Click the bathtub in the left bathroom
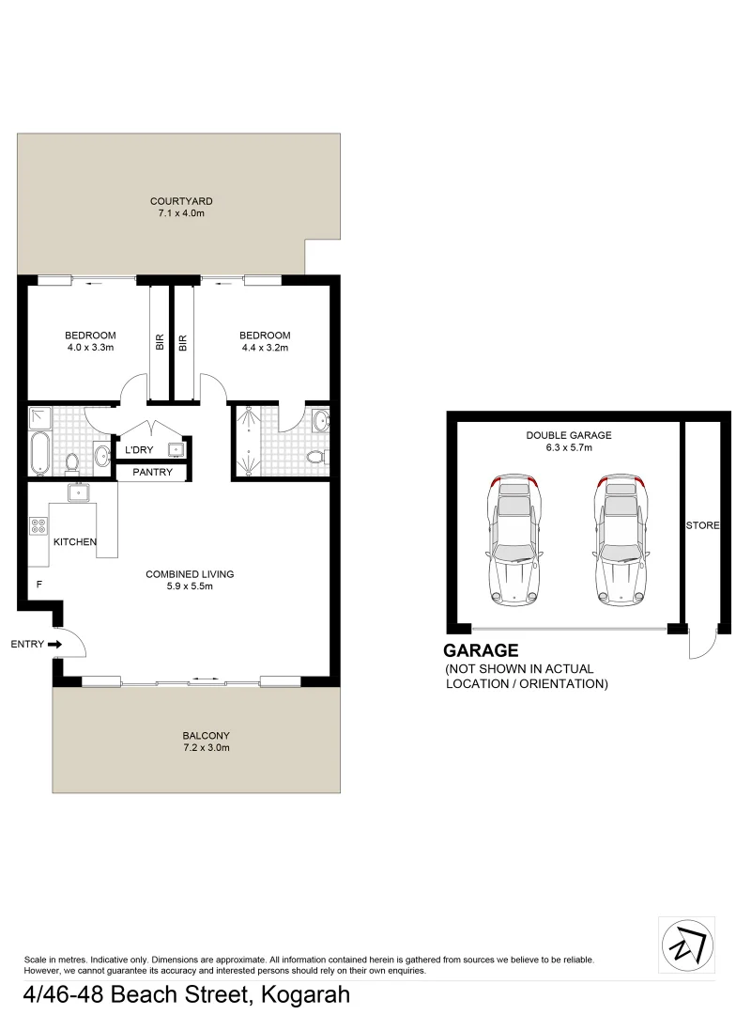coord(39,454)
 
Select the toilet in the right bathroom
coord(316,458)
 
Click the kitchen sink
coord(78,492)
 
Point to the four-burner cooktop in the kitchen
coord(39,527)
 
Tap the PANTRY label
coord(152,472)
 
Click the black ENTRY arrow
coord(54,645)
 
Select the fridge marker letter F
coord(38,585)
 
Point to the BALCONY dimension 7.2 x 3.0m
coord(206,748)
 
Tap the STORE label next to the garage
coord(701,524)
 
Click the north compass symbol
coord(686,942)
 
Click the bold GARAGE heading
coord(481,649)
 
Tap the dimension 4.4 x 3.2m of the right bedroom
coord(264,348)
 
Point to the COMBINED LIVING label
coord(189,574)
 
